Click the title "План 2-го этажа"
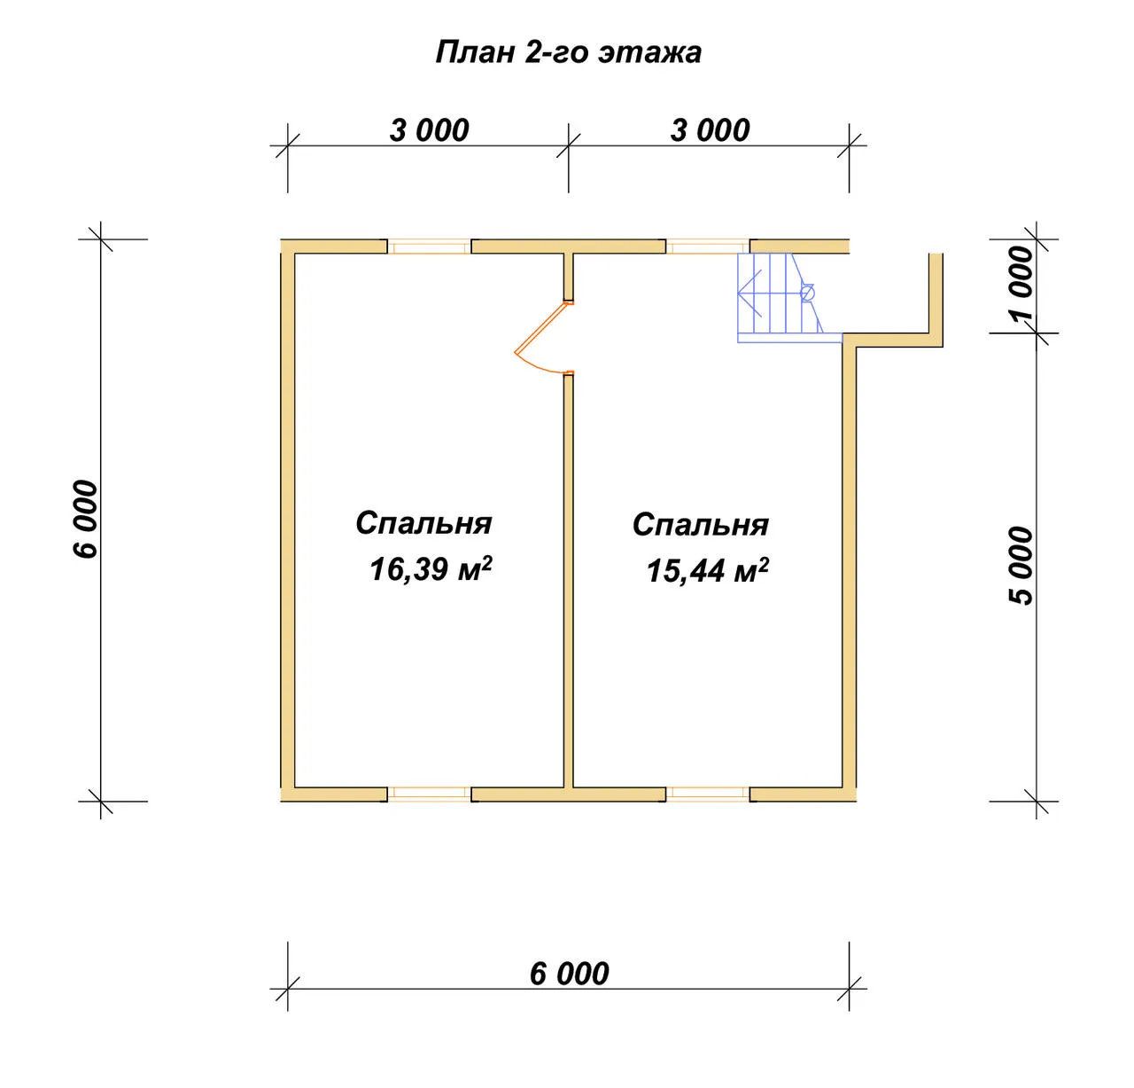(x=568, y=53)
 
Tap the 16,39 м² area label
(x=431, y=568)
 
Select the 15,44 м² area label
(x=708, y=570)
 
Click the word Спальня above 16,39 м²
(x=423, y=523)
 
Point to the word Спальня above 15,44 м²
(x=701, y=524)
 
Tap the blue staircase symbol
(x=789, y=298)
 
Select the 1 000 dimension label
(x=1021, y=284)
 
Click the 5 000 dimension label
(x=1021, y=566)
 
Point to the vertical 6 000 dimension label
(x=86, y=520)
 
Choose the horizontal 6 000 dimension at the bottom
(x=569, y=974)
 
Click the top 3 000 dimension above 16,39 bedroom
(x=429, y=130)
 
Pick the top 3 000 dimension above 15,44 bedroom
(x=710, y=130)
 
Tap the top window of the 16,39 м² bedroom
(x=430, y=247)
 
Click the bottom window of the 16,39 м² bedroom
(x=430, y=794)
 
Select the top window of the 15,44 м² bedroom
(x=708, y=247)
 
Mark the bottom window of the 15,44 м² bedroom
(x=708, y=794)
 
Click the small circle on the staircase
(x=808, y=293)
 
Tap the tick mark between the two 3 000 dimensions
(x=568, y=145)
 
